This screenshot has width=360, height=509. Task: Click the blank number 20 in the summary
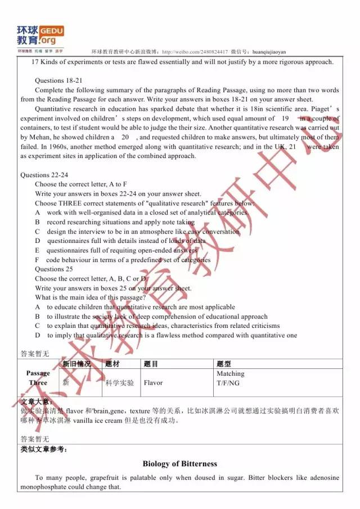coord(125,137)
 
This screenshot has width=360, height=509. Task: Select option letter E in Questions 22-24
coord(37,250)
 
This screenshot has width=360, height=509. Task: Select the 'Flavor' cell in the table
coord(153,382)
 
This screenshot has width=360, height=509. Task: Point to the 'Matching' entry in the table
coord(230,373)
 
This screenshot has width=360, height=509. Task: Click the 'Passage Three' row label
coord(38,378)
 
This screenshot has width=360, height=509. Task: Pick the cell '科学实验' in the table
coord(119,382)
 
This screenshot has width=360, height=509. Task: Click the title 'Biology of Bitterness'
coord(179,463)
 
